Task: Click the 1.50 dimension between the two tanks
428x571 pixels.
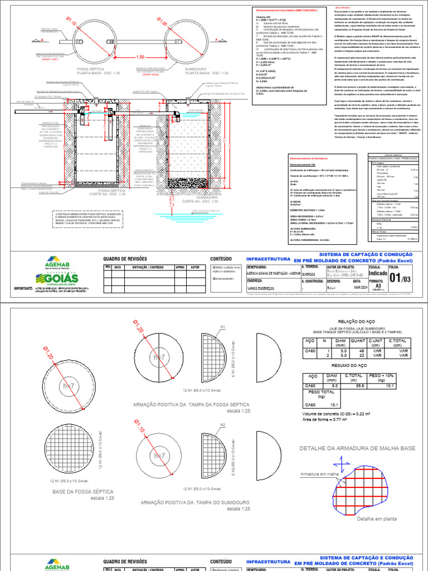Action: click(140, 57)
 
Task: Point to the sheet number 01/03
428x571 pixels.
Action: click(402, 277)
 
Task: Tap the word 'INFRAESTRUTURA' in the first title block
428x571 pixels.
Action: click(268, 259)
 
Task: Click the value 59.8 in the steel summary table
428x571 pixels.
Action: click(359, 385)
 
